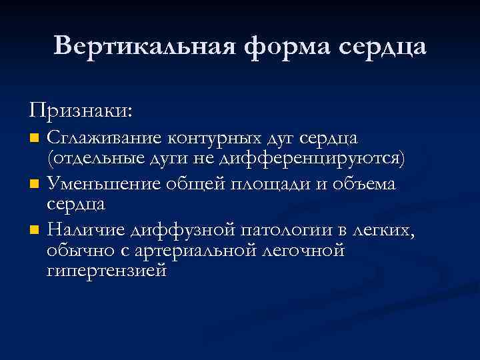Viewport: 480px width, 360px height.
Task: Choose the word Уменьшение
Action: pyautogui.click(x=103, y=183)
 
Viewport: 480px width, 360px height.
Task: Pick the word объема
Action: pyautogui.click(x=363, y=183)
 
